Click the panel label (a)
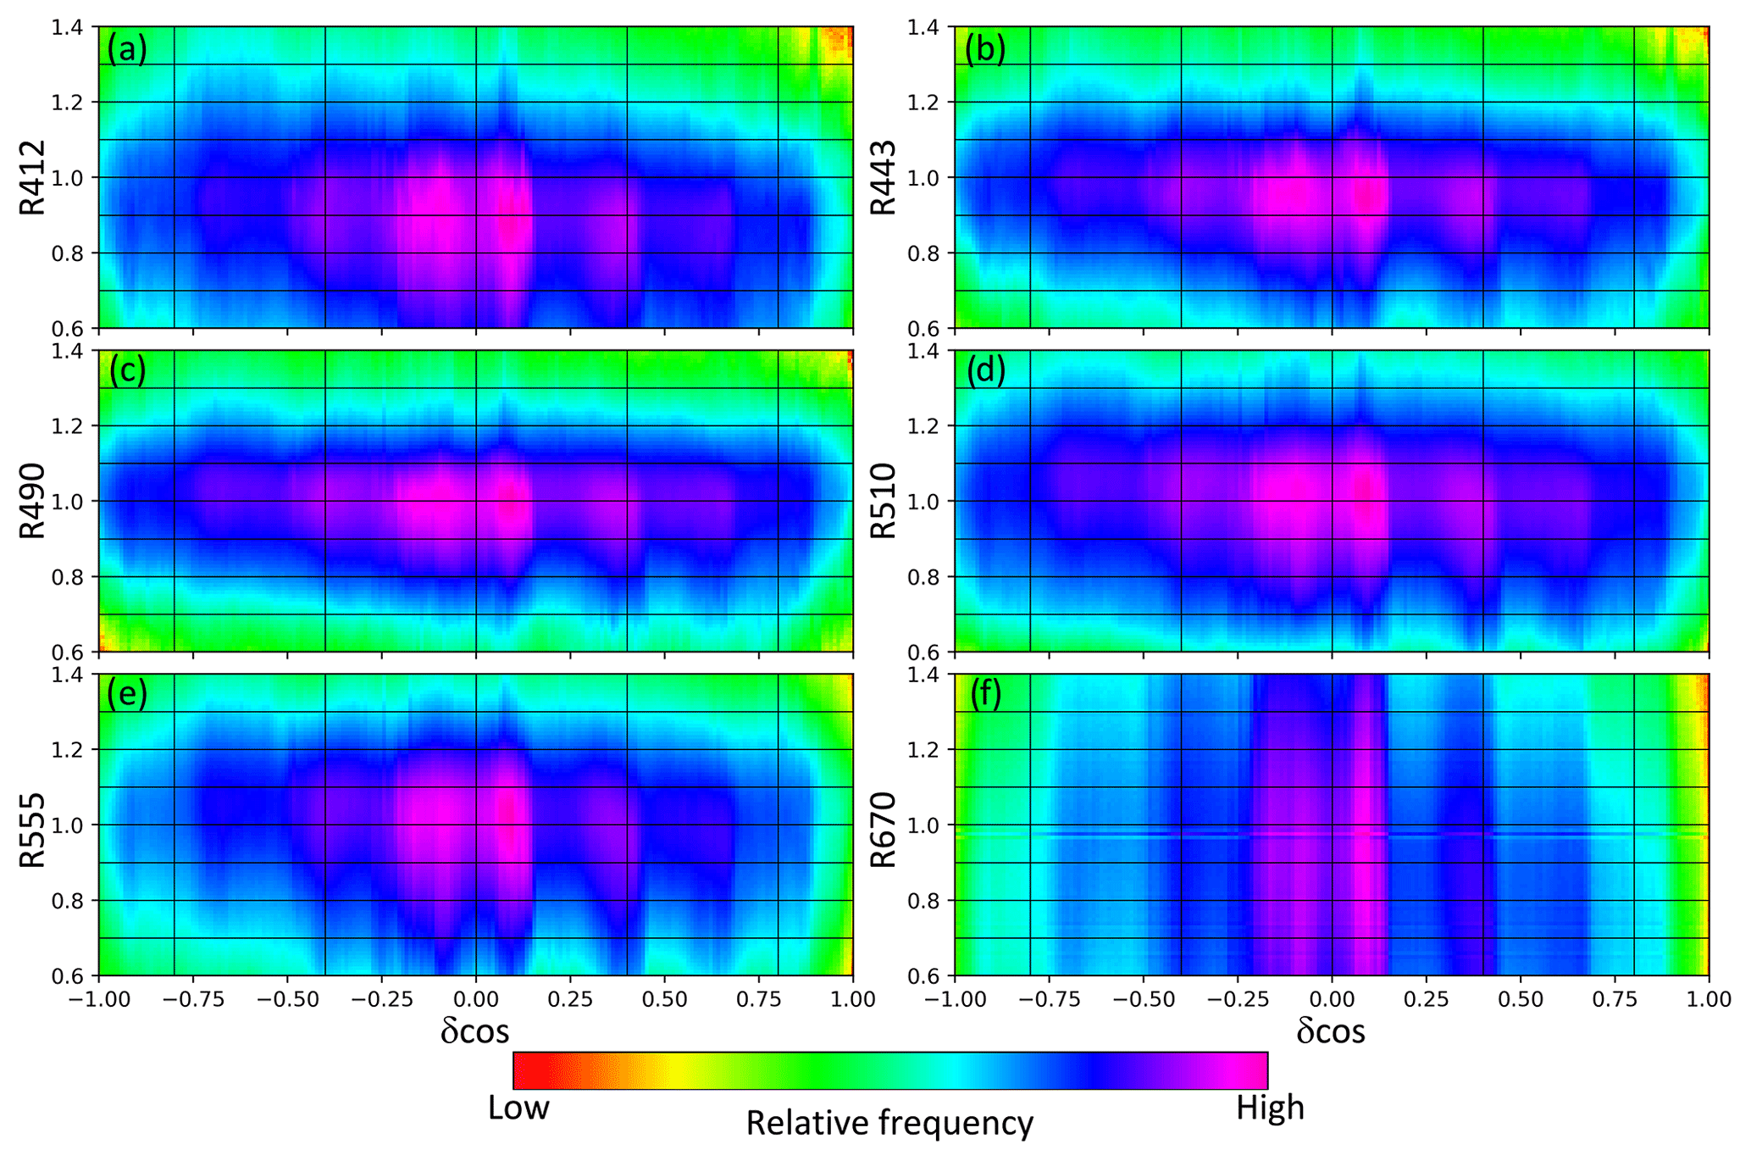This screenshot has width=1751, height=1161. [127, 51]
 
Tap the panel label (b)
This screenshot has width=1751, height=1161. [984, 51]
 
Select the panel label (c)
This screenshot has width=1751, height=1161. [127, 371]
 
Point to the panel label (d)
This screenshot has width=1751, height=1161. [985, 371]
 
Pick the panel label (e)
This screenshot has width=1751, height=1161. [127, 694]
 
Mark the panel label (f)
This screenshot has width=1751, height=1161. [984, 694]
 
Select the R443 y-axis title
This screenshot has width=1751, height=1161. [884, 178]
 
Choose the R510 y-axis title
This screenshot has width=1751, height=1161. [884, 501]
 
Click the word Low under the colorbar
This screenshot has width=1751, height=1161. [518, 1108]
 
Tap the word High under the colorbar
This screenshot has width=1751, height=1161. [1270, 1108]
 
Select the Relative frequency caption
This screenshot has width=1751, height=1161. [889, 1124]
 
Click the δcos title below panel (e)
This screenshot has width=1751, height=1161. [475, 1031]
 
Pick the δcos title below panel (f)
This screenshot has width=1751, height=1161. [1331, 1031]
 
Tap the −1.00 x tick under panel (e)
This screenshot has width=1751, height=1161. [99, 1000]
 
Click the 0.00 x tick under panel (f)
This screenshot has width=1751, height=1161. [1332, 1000]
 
